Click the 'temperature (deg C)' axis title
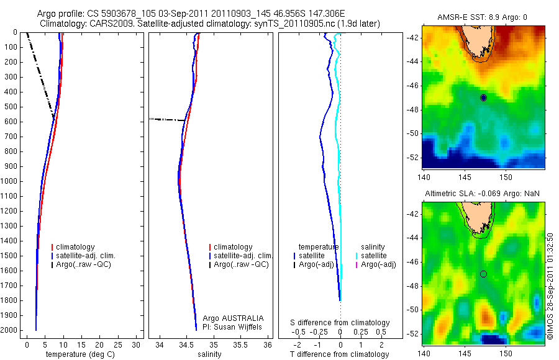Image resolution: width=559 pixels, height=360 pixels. [x=78, y=354]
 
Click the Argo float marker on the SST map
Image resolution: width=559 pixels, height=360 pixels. [x=483, y=97]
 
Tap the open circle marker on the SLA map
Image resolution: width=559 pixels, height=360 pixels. [x=483, y=274]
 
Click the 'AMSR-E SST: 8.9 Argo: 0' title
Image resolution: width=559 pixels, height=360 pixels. [x=482, y=17]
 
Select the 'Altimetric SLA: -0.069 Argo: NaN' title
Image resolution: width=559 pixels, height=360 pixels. [x=482, y=194]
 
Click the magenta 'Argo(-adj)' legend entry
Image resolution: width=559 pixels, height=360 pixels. [x=378, y=265]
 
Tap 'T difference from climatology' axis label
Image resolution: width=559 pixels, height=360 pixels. [x=340, y=354]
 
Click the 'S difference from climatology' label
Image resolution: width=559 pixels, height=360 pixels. [x=340, y=323]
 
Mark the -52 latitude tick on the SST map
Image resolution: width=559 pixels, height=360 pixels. [x=412, y=157]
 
